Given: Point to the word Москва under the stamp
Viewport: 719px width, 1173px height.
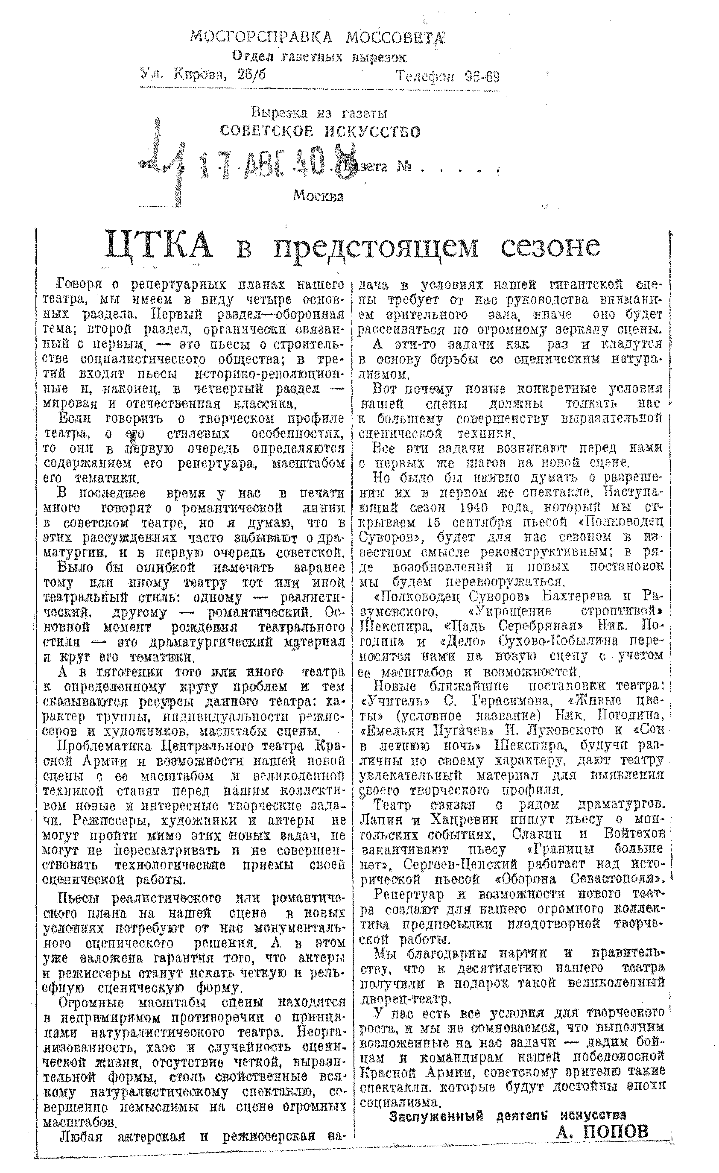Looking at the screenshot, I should [x=318, y=196].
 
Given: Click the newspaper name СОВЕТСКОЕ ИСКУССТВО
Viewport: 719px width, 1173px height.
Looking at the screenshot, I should [x=320, y=131].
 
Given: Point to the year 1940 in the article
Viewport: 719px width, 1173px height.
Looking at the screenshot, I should [x=481, y=507].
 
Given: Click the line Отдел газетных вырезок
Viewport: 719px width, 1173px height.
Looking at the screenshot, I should [x=319, y=58].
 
